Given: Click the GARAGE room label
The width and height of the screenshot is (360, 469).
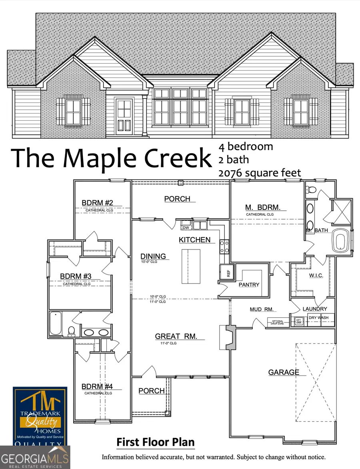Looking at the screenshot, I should tap(283, 372).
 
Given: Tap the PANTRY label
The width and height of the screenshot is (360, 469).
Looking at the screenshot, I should tap(249, 285).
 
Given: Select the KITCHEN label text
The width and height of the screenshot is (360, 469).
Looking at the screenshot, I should tap(194, 240).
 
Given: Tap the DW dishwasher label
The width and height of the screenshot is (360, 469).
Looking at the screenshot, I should tap(186, 228).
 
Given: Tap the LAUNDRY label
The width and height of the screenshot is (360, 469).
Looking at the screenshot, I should tap(315, 309).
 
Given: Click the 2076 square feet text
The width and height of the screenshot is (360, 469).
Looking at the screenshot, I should tap(260, 173).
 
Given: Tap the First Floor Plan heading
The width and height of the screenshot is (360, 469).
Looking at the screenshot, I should tap(156, 443).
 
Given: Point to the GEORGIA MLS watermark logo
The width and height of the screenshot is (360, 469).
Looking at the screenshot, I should tap(35, 457).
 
